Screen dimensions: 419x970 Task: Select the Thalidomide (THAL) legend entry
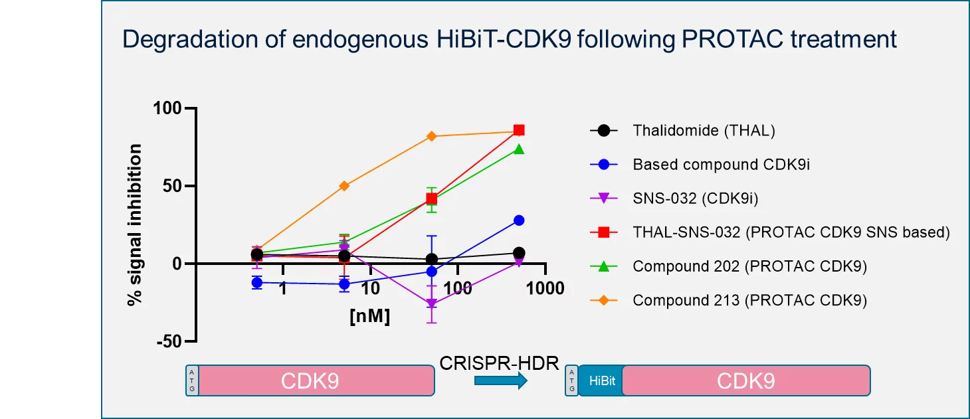704,130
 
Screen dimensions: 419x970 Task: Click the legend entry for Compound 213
749,300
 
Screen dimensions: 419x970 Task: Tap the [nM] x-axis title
369,316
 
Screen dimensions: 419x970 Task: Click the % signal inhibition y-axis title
136,225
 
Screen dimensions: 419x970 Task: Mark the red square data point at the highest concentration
519,130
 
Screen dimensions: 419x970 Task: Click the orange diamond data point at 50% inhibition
344,186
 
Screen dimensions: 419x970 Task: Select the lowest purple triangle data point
432,304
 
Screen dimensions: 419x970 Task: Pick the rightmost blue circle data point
519,220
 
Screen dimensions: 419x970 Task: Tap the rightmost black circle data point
519,253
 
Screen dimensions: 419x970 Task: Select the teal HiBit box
600,381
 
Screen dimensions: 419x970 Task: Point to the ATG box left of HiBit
571,381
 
